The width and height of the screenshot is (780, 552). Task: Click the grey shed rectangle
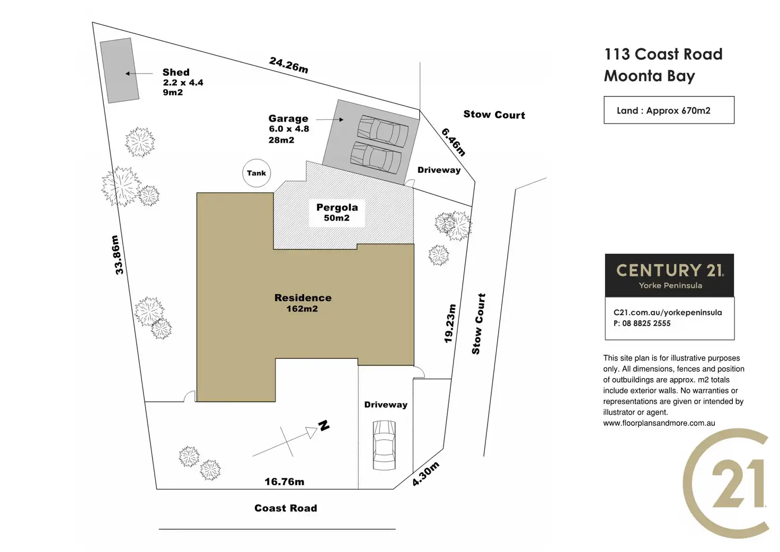pos(120,70)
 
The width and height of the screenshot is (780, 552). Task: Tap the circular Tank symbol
pos(256,173)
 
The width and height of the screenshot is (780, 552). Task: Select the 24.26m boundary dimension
pos(288,65)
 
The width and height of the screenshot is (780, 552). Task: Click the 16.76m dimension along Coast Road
pos(285,481)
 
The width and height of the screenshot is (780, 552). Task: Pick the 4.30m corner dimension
pos(426,474)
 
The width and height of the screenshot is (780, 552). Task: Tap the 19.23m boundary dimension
pos(449,323)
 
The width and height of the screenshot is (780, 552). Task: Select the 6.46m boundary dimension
pos(454,142)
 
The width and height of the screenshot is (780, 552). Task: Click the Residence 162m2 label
pos(303,303)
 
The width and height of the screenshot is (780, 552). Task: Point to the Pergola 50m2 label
pos(337,212)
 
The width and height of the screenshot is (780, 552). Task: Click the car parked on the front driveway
pos(384,445)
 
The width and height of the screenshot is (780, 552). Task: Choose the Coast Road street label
pos(286,508)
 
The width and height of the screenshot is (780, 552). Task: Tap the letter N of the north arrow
pos(324,425)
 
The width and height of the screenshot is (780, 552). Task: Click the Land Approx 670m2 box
pos(669,110)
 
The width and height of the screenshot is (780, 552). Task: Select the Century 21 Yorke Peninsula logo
pos(669,275)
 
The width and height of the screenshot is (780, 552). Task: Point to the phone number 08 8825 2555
pos(646,323)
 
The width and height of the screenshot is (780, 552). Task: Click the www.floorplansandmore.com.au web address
pos(659,423)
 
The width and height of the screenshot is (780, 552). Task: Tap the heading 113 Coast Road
pos(663,54)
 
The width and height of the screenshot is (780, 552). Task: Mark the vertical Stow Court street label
pos(478,323)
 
